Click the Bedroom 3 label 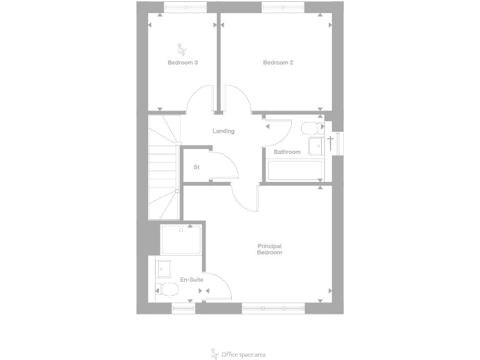(182, 62)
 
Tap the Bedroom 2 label (278, 62)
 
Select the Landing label (223, 131)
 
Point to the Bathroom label (287, 152)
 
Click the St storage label (196, 167)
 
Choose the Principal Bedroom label (269, 249)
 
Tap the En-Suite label (191, 279)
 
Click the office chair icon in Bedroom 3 (182, 49)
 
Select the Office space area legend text (243, 354)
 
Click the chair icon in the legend (214, 353)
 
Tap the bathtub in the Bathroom (294, 171)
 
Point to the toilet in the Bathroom (309, 129)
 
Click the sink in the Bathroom (315, 145)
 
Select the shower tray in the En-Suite (181, 239)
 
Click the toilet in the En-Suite (165, 289)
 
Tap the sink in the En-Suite (164, 268)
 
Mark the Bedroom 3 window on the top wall (186, 7)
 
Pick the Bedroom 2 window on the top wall (283, 7)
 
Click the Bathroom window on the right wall (338, 142)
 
